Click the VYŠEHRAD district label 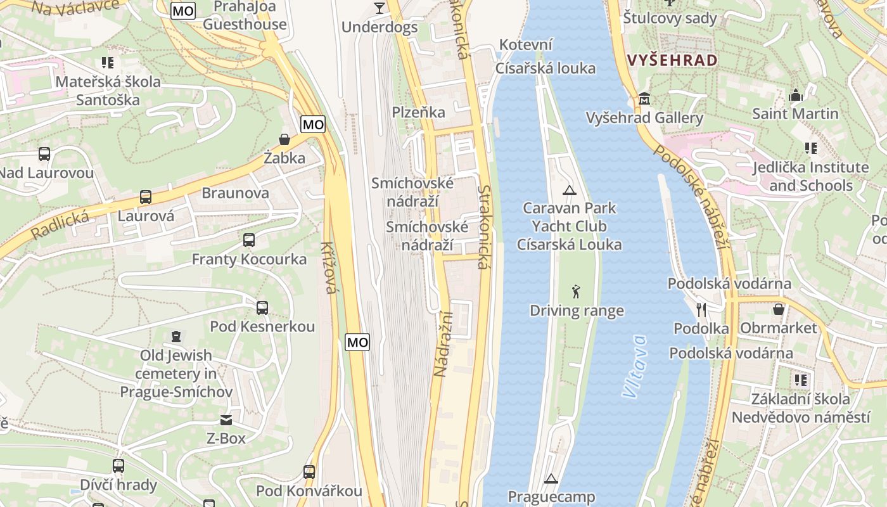click(x=672, y=60)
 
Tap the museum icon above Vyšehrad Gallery click(x=644, y=99)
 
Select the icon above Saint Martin click(x=796, y=96)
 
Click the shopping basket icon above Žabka click(x=284, y=139)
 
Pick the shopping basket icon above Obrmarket click(x=779, y=309)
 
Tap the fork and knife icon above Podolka click(x=701, y=309)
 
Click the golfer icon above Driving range click(x=575, y=292)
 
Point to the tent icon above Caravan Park click(x=570, y=189)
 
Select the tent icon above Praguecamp click(x=551, y=478)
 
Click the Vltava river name click(x=635, y=366)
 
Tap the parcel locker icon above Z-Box click(x=226, y=420)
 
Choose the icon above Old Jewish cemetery click(x=176, y=337)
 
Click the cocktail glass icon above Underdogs click(x=380, y=8)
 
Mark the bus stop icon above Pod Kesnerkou click(x=262, y=308)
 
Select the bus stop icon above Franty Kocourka click(x=249, y=240)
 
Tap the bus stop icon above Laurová click(x=146, y=197)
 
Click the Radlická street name click(x=60, y=225)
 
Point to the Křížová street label click(x=328, y=268)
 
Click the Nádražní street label click(x=442, y=344)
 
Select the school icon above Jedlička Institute click(x=810, y=148)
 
